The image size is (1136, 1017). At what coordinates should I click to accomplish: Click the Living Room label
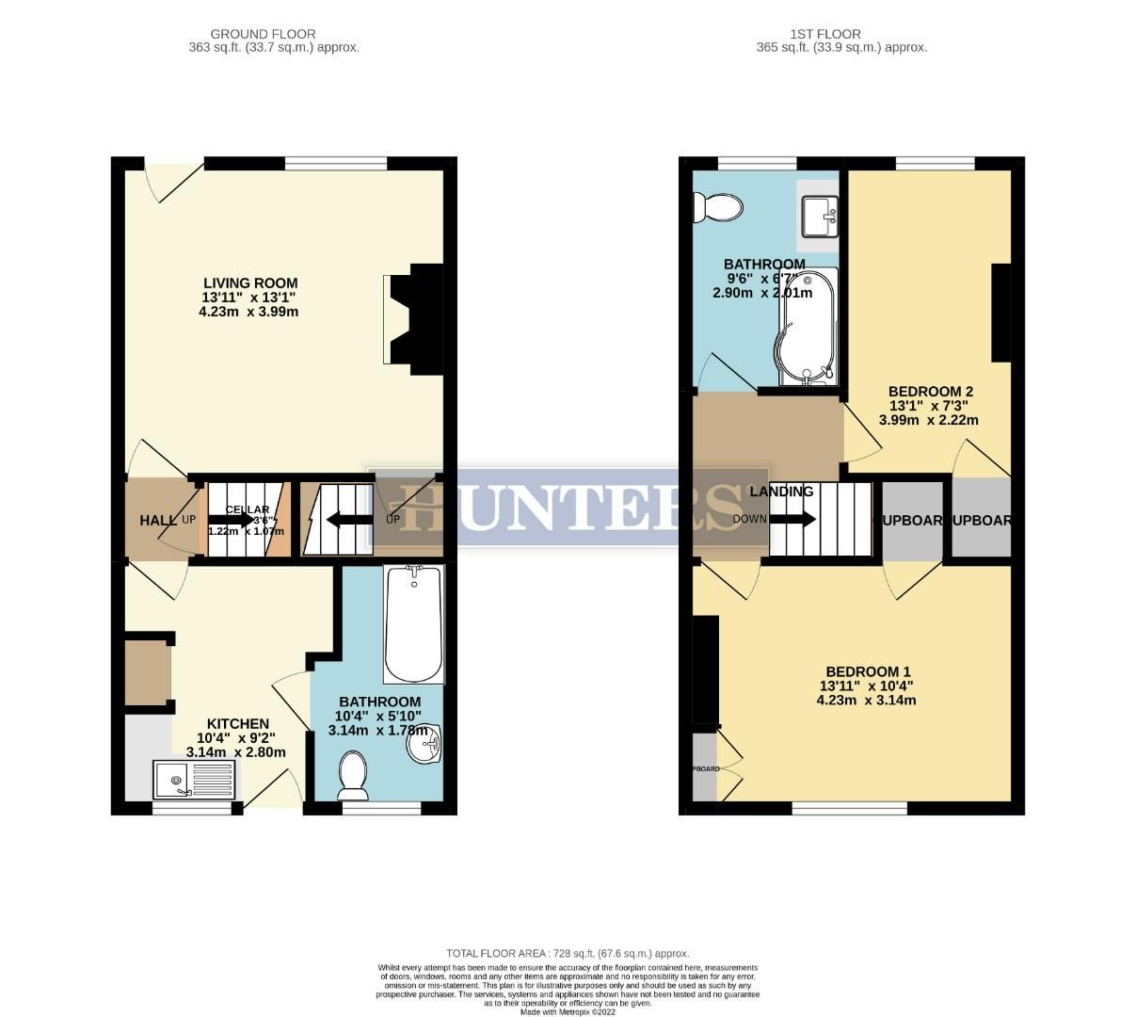pos(250,282)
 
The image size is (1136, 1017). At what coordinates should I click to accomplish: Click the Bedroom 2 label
pos(930,392)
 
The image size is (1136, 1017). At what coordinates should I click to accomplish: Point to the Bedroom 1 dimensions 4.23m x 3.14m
pos(867,700)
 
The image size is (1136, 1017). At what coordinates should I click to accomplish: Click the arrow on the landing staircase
pos(793,519)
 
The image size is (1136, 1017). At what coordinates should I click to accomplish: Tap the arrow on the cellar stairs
pos(231,519)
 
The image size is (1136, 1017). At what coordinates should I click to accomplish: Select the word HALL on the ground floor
pos(152,520)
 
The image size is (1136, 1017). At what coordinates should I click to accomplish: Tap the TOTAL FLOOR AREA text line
pos(568,953)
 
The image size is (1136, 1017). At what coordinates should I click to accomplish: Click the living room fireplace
pos(412,318)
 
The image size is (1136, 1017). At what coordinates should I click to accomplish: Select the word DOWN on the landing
pos(749,519)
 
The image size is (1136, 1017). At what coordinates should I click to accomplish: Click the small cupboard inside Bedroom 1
pos(704,768)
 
